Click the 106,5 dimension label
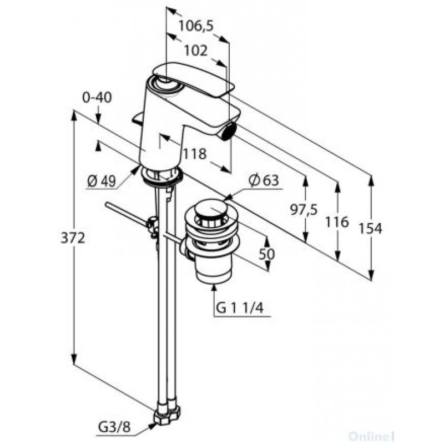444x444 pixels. pos(196,26)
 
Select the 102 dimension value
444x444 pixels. pos(196,51)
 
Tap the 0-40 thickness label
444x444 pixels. pos(97,98)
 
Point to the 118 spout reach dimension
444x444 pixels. pos(195,154)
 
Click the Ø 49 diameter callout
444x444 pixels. pos(102,181)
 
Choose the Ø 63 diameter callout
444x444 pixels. pos(264,180)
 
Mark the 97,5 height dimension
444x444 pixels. pos(304,210)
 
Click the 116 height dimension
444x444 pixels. pos(337,222)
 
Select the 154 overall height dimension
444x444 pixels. pos(370,229)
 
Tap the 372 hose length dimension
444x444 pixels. pos(73,238)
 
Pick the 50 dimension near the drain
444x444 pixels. pos(267,254)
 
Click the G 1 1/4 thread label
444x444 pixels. pos(240,308)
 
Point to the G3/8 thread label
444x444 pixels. pos(115,427)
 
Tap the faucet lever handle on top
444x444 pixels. pos(193,80)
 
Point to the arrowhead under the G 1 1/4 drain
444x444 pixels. pos(214,287)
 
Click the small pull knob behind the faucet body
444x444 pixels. pos(138,118)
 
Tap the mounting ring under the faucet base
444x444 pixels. pos(162,176)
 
